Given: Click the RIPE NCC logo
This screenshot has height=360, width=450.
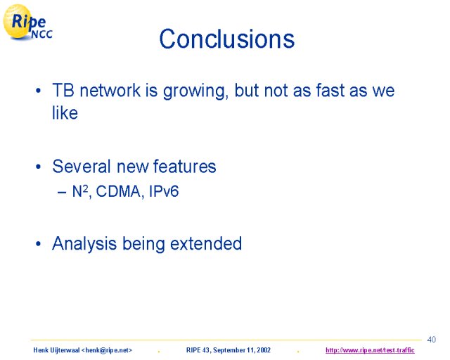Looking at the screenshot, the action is point(27,22).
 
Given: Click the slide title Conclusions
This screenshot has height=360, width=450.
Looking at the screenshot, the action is point(226,39).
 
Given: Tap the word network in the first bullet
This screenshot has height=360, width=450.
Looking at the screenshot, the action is point(110,91).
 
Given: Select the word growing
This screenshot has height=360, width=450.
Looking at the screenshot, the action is point(195,91).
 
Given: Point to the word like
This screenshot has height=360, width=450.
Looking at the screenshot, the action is point(65,112).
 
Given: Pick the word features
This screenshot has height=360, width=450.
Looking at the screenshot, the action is point(184,167).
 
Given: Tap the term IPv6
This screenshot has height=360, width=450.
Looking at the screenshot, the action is point(164,191).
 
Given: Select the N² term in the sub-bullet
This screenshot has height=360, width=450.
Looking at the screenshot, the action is point(80,191).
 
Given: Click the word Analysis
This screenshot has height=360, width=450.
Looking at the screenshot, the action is point(84,244).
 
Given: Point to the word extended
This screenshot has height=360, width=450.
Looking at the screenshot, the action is point(206,244).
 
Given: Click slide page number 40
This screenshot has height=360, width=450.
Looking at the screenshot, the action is point(431,340).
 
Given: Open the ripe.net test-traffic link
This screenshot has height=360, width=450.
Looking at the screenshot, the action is point(370,350).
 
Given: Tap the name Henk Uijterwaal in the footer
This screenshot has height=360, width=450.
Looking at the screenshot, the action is point(56,350).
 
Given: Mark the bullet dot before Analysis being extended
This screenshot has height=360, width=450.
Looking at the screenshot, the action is point(38,244).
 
